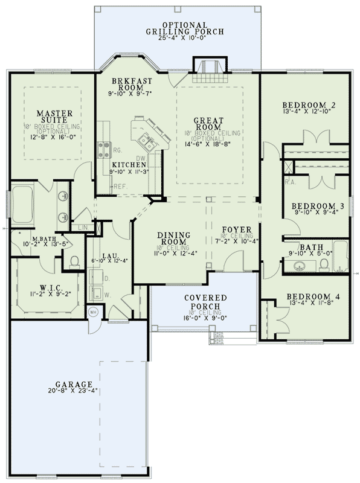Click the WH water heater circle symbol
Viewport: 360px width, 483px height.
(94, 313)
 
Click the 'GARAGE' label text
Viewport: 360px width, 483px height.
(74, 384)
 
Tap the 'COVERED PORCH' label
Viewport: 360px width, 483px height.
(207, 302)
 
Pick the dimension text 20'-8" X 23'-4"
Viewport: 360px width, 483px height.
(74, 391)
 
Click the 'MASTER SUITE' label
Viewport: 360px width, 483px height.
(54, 117)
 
